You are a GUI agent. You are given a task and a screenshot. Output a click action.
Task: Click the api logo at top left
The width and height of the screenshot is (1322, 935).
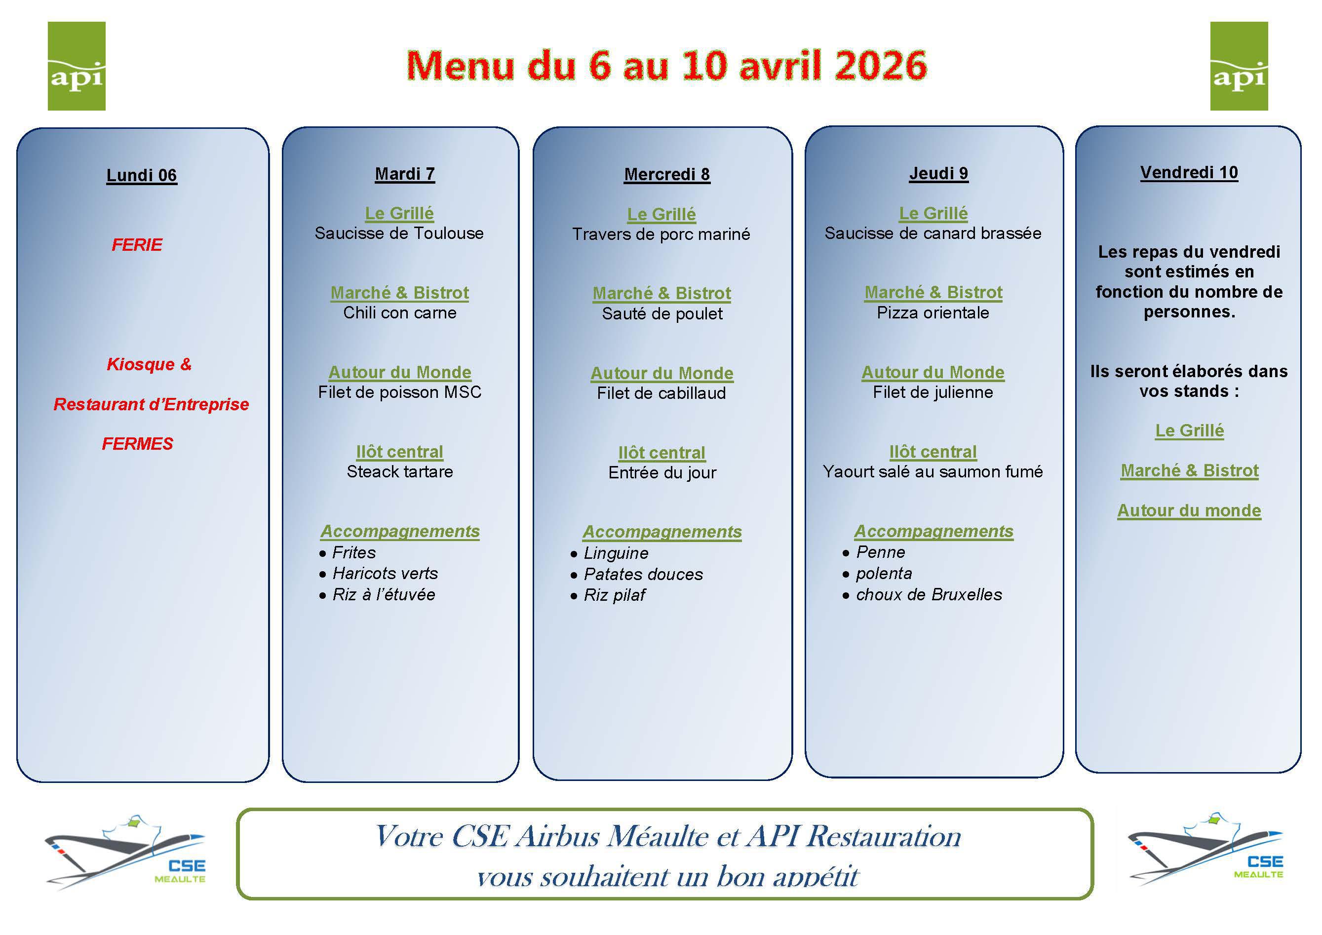(x=77, y=66)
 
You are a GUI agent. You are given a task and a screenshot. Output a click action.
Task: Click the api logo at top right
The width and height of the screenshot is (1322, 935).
(x=1239, y=66)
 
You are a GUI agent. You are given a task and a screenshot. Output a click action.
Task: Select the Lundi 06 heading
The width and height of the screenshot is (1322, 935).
(x=142, y=175)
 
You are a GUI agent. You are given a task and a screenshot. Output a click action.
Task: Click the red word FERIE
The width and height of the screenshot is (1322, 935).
(x=137, y=245)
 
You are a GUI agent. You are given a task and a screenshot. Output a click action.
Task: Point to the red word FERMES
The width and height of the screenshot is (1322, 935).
(x=138, y=443)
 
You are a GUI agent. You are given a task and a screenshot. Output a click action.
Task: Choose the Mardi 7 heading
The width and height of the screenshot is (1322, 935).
(x=405, y=174)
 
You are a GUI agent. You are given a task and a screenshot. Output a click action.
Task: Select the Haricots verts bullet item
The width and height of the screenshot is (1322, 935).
(x=385, y=574)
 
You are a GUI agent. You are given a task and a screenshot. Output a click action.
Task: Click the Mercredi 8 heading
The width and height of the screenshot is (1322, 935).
(x=667, y=174)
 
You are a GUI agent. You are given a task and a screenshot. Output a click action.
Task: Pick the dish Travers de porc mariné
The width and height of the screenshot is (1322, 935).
(x=661, y=234)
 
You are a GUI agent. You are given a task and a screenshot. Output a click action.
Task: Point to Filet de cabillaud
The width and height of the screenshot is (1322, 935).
(x=661, y=393)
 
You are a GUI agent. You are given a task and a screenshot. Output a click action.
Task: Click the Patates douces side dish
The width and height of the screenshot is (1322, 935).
(x=644, y=574)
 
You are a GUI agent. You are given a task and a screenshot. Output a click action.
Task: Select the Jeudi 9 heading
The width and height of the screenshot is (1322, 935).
(x=939, y=173)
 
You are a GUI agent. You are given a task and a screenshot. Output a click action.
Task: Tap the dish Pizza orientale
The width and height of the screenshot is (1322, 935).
(x=933, y=312)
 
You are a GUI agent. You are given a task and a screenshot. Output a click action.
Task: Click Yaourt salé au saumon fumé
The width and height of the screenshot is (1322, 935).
(x=933, y=471)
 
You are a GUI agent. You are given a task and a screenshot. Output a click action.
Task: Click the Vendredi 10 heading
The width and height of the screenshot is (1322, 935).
(x=1190, y=173)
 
